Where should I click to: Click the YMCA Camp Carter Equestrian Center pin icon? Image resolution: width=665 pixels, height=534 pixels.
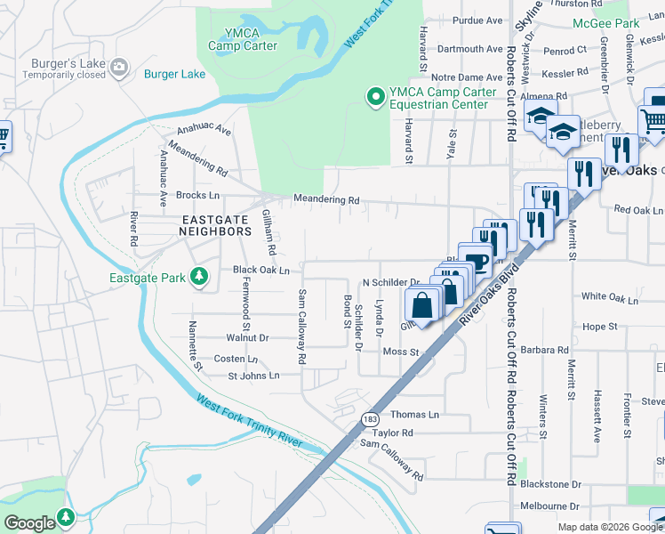[x=376, y=96]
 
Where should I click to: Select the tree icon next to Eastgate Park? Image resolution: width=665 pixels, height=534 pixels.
[x=200, y=278]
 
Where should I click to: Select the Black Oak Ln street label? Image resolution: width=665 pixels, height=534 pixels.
[x=260, y=270]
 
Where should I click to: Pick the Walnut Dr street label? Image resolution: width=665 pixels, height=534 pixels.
[x=247, y=338]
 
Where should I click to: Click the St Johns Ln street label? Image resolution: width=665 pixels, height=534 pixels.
[x=253, y=376]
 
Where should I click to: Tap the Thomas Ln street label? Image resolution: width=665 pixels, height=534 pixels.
[x=415, y=415]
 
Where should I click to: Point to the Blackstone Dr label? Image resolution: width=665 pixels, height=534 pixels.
[x=550, y=484]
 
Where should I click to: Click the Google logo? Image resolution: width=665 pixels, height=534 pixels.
[x=28, y=522]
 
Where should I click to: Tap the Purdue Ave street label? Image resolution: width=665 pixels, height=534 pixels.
[x=477, y=20]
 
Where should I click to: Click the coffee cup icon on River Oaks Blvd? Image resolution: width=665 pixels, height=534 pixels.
[x=477, y=264]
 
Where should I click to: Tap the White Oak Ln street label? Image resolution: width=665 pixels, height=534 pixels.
[x=610, y=299]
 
